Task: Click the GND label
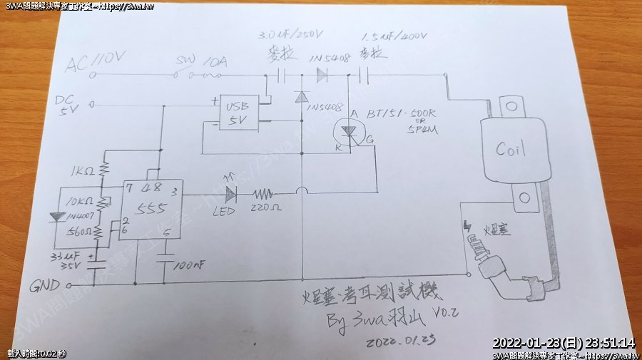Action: click(45, 287)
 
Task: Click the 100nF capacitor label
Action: click(188, 265)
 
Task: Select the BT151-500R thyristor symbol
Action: click(349, 132)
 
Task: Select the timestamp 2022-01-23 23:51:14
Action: click(563, 343)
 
